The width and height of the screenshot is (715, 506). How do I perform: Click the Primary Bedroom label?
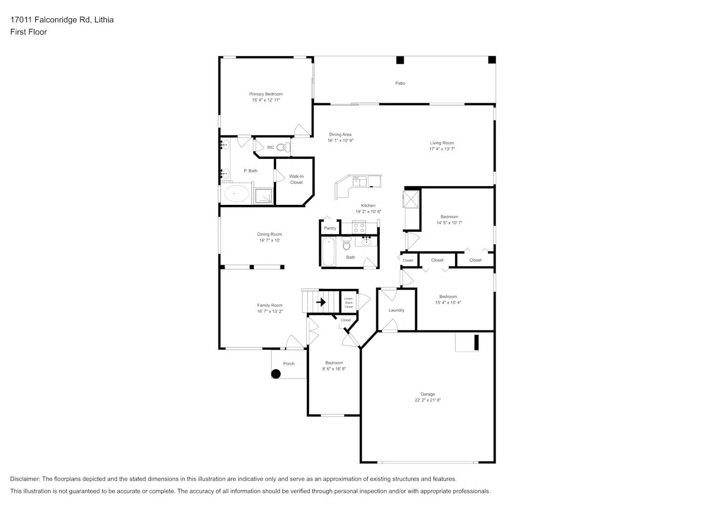(265, 94)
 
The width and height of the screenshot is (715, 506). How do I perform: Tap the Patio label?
(400, 83)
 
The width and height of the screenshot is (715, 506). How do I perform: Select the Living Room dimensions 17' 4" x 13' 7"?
(442, 149)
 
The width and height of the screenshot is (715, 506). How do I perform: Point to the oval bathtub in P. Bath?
(236, 194)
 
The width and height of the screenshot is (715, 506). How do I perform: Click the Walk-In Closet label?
(296, 180)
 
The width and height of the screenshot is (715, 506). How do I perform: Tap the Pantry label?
(330, 228)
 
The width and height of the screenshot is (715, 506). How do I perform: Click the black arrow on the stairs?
(321, 303)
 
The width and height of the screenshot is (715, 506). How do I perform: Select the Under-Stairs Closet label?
(349, 303)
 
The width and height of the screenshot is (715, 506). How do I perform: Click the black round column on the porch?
(276, 374)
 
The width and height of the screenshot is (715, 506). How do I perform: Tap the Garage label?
(427, 394)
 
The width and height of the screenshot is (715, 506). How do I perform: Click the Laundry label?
(396, 310)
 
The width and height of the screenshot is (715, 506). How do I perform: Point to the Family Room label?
(270, 305)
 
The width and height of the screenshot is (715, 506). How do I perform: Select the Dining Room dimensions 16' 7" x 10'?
(270, 240)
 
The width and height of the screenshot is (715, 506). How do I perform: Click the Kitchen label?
(368, 205)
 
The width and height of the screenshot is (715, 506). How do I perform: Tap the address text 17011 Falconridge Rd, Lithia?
(62, 20)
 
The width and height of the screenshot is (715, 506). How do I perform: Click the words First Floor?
(28, 32)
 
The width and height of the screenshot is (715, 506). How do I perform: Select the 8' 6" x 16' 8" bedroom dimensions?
(334, 369)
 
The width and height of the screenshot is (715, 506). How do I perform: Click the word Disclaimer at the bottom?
(25, 479)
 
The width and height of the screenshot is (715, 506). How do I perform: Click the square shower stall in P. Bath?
(263, 196)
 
